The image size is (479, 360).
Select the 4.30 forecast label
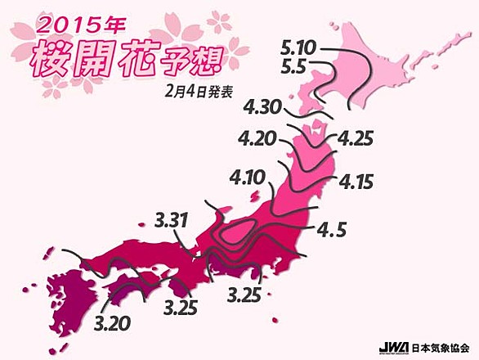(263, 106)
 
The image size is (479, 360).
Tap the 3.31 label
(174, 219)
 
